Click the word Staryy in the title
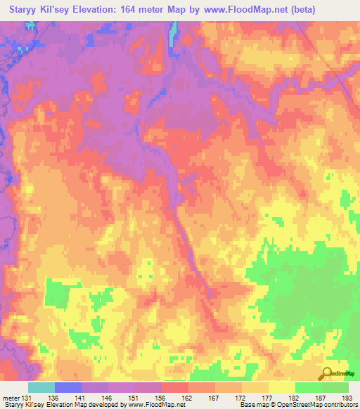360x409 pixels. point(26,9)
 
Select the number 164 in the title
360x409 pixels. point(149,9)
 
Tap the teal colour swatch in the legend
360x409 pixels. point(41,388)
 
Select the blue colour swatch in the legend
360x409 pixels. point(68,388)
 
